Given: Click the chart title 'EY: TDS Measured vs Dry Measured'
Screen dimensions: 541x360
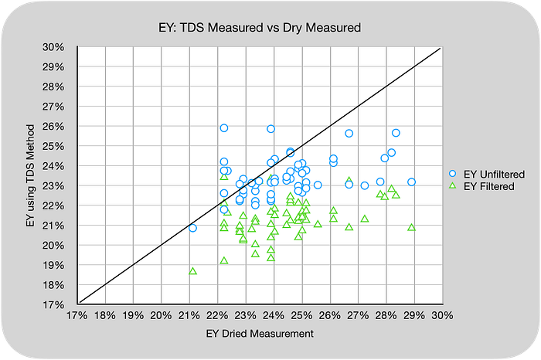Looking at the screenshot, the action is [x=260, y=27].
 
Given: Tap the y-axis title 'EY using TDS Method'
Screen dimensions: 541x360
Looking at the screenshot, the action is [x=30, y=175].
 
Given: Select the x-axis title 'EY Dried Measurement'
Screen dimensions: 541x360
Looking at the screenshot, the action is [x=260, y=334].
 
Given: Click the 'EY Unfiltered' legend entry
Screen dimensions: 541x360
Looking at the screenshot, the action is [x=487, y=174].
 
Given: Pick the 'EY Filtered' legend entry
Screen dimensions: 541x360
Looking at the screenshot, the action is [x=481, y=186].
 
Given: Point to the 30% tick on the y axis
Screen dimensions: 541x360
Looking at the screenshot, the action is [x=53, y=47].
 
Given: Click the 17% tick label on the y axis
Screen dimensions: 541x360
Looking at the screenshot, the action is [x=53, y=305].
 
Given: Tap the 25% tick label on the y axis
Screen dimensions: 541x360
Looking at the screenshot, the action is [x=53, y=147].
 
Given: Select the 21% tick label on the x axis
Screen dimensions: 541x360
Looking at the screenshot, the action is [x=189, y=315].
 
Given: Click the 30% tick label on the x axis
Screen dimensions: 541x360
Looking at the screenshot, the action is [x=442, y=315].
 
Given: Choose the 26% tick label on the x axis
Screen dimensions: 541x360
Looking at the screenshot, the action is [x=330, y=315].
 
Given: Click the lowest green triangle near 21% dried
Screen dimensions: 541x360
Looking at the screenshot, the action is [x=193, y=271].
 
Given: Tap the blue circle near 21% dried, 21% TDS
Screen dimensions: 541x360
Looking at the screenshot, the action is [x=193, y=228].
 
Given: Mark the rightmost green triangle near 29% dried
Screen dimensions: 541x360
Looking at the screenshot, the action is [x=411, y=228].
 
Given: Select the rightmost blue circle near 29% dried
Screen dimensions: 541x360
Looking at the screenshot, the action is [x=411, y=182].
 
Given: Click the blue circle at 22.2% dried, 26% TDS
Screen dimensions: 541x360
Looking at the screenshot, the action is [x=224, y=128].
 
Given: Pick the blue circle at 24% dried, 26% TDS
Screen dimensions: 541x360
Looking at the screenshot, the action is [x=270, y=129].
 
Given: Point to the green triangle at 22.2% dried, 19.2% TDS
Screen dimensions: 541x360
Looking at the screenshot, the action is [x=224, y=260].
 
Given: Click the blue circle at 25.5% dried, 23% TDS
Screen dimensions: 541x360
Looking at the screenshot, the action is [x=318, y=185].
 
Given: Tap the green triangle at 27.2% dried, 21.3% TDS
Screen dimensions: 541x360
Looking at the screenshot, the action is [x=365, y=219].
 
